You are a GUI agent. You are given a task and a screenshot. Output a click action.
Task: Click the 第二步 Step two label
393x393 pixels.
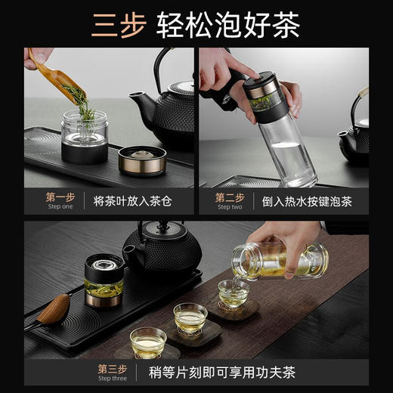[x=228, y=200]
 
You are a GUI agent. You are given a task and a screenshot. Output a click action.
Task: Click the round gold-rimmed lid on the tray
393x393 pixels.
[x=141, y=159]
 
